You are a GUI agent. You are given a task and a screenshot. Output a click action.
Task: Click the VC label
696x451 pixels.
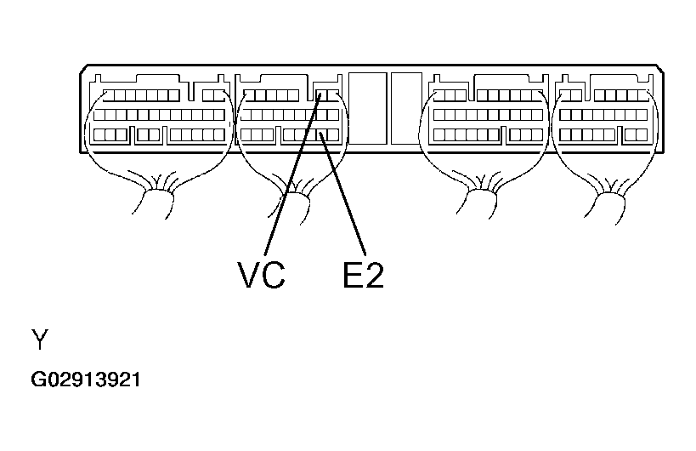coord(261,275)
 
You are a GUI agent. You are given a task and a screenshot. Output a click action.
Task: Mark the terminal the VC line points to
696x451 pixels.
coord(321,94)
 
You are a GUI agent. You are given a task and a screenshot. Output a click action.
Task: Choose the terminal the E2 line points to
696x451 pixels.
coord(321,134)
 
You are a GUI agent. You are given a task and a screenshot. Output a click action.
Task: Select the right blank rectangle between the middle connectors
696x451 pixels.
coord(406,106)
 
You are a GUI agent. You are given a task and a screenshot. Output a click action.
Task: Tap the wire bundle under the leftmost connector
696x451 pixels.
coord(156,199)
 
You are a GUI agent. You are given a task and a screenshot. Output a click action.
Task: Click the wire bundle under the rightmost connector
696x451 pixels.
coord(607,199)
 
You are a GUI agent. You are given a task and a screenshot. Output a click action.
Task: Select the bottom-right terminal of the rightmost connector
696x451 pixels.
coord(640,134)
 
